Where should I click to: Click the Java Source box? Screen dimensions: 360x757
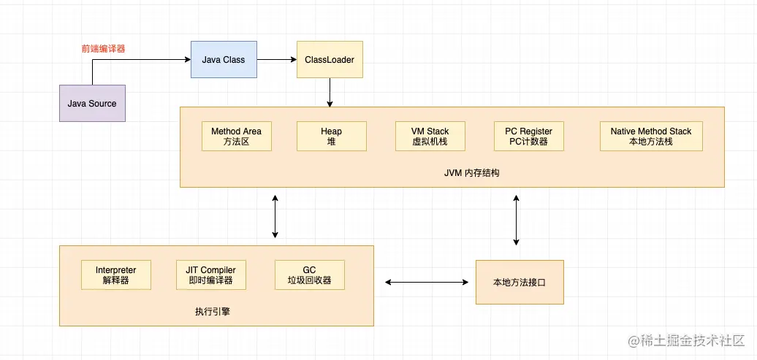[x=92, y=103]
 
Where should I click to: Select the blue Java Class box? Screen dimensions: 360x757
[x=224, y=59]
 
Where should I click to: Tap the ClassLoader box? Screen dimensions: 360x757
[x=330, y=59]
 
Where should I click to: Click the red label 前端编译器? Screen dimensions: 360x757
[x=103, y=50]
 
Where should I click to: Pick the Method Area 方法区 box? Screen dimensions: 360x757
[x=236, y=137]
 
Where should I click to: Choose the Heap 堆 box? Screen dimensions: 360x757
[x=331, y=137]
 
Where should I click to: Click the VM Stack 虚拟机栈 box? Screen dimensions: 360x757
[x=430, y=137]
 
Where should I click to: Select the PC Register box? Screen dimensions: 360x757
[x=528, y=137]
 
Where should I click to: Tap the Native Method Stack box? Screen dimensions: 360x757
[x=650, y=137]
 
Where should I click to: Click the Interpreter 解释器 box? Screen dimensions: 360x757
[x=115, y=275]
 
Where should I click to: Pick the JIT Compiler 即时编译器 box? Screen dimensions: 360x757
[x=210, y=275]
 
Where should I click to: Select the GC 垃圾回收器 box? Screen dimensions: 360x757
[x=309, y=275]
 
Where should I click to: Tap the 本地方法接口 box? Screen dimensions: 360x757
[x=520, y=282]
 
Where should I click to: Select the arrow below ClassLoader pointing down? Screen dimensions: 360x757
[x=330, y=92]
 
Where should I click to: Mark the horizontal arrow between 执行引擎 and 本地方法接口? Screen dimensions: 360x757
[x=427, y=282]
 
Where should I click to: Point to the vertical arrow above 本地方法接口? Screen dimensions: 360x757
[x=517, y=220]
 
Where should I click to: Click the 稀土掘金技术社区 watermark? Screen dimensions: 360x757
[x=682, y=340]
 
